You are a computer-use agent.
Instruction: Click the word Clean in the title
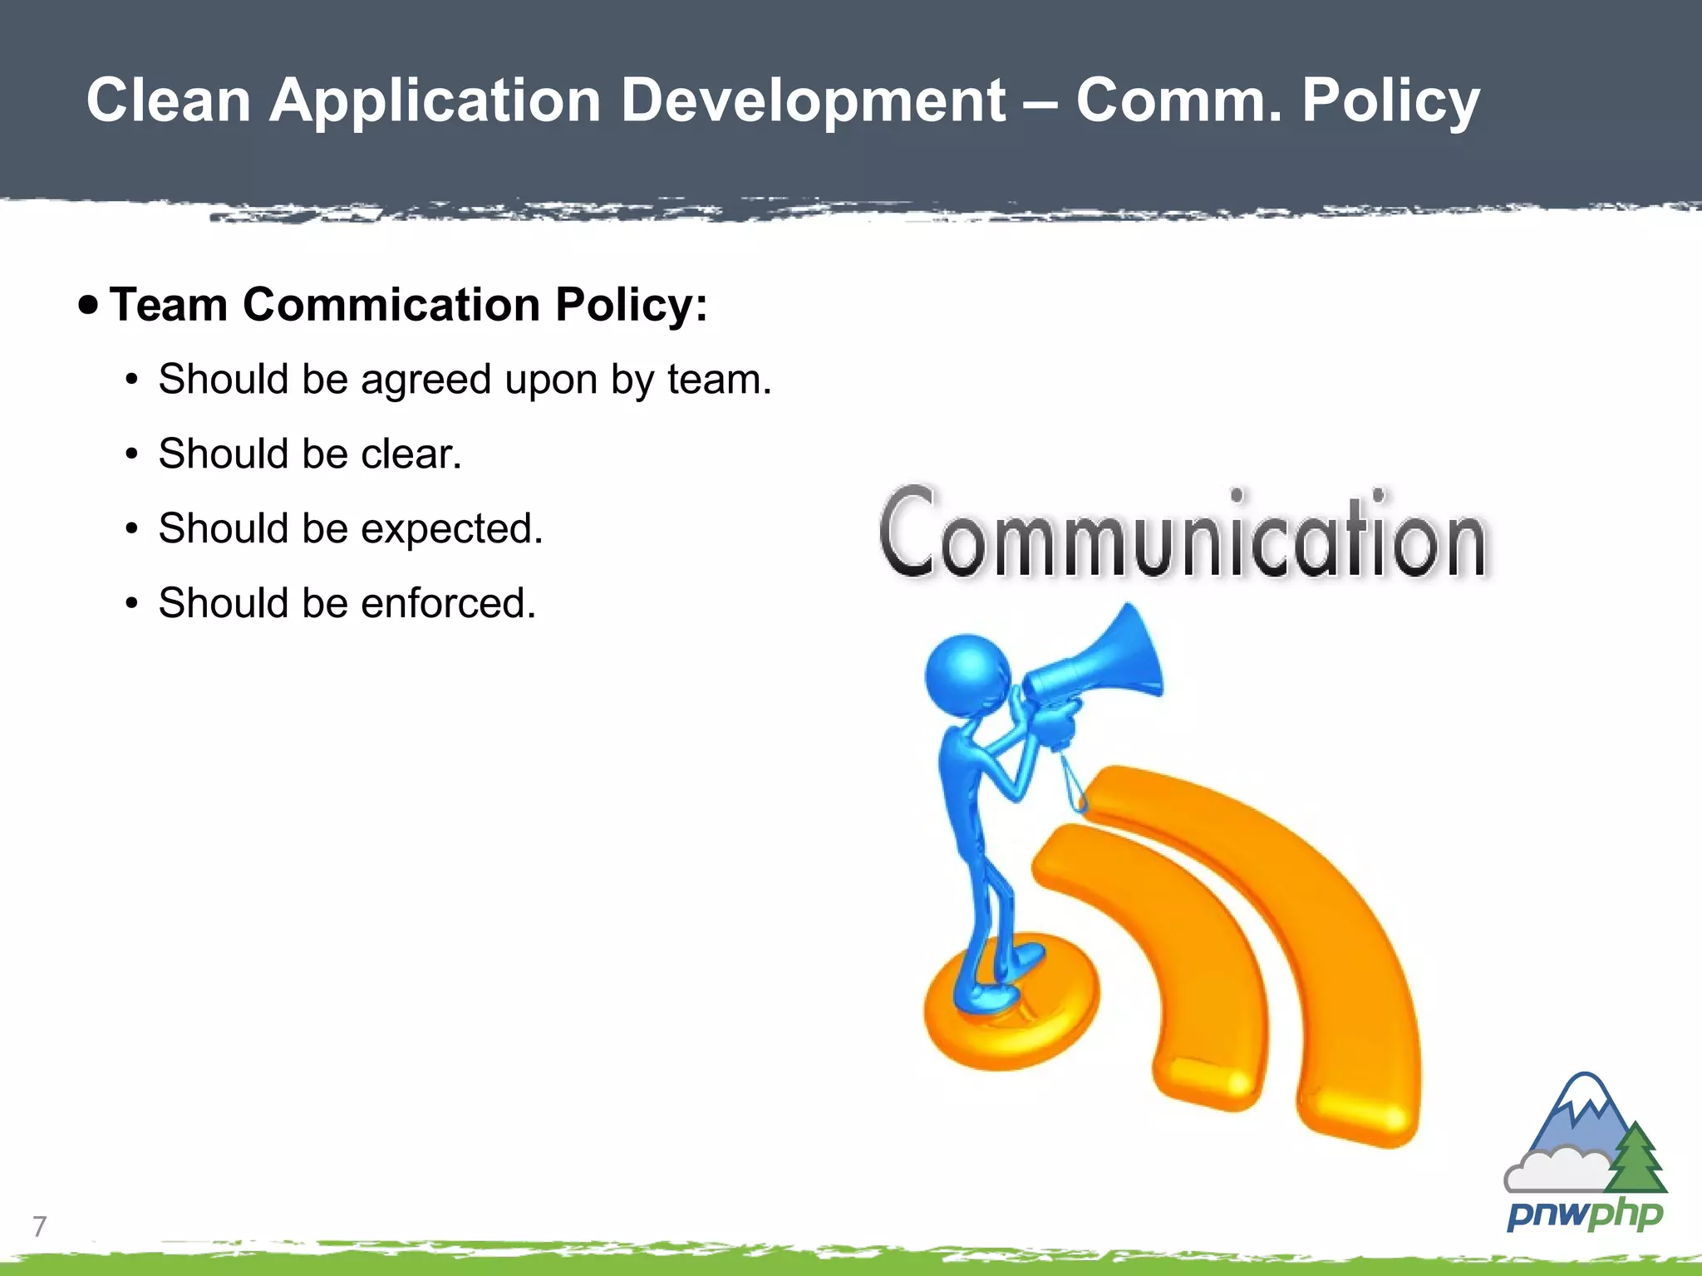click(169, 101)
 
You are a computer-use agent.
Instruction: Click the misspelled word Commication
click(391, 304)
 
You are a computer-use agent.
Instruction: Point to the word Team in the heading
click(169, 304)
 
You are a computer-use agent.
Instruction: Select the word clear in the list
click(407, 454)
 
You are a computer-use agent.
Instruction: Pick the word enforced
click(446, 604)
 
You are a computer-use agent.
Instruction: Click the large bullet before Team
click(88, 305)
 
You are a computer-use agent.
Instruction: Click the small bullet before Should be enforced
click(131, 603)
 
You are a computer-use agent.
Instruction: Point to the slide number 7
click(39, 1226)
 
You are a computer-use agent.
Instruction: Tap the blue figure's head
click(967, 673)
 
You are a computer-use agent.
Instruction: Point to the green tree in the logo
click(1636, 1159)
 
